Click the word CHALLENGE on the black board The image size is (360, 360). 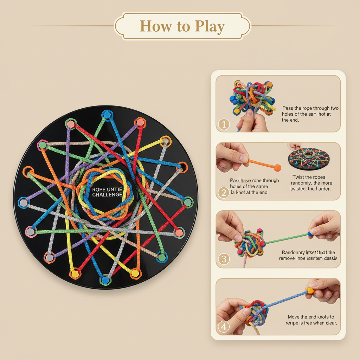(x=108, y=195)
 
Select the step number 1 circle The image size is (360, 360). (x=224, y=124)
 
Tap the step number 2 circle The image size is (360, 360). (x=224, y=192)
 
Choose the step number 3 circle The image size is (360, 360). (x=224, y=259)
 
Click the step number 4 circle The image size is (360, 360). (x=224, y=327)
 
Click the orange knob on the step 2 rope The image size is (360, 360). (x=277, y=167)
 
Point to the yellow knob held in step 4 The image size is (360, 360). (x=310, y=291)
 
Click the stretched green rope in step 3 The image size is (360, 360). (x=285, y=238)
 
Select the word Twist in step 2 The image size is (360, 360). (x=299, y=177)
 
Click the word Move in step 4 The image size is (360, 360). (x=294, y=317)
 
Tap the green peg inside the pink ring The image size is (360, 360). (x=43, y=145)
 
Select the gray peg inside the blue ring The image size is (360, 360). (x=24, y=203)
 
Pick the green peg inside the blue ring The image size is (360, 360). (x=161, y=257)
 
